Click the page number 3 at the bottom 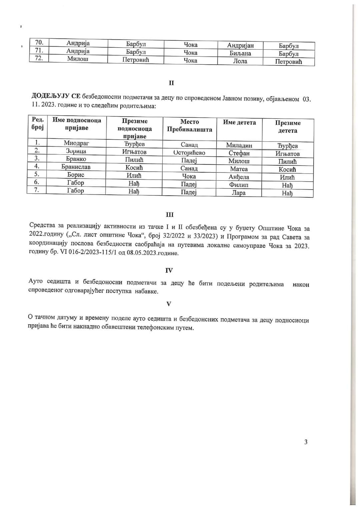pyautogui.click(x=306, y=442)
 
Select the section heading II pyautogui.click(x=171, y=83)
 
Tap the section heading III pyautogui.click(x=170, y=215)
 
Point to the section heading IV pyautogui.click(x=169, y=270)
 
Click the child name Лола pyautogui.click(x=240, y=61)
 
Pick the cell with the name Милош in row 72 pyautogui.click(x=78, y=59)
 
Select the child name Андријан pyautogui.click(x=240, y=46)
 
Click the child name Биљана pyautogui.click(x=240, y=53)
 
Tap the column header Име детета pyautogui.click(x=239, y=122)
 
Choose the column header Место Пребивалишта pyautogui.click(x=189, y=126)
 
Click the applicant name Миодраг pyautogui.click(x=76, y=143)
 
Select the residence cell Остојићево pyautogui.click(x=189, y=153)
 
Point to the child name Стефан pyautogui.click(x=239, y=153)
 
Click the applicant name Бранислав pyautogui.click(x=76, y=167)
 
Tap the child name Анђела pyautogui.click(x=239, y=177)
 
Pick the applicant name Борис pyautogui.click(x=76, y=175)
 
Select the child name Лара pyautogui.click(x=239, y=193)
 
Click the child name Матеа pyautogui.click(x=239, y=169)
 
